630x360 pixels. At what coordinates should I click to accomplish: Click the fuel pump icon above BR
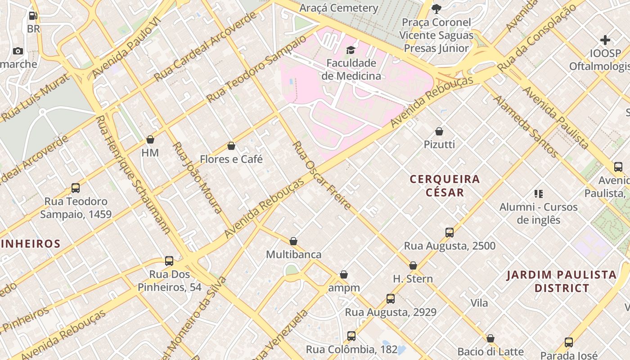click(x=33, y=16)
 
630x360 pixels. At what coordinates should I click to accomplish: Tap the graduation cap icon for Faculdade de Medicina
click(x=351, y=49)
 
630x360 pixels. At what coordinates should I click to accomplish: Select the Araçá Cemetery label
click(x=339, y=8)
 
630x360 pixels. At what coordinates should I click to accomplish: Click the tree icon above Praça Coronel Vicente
click(x=436, y=9)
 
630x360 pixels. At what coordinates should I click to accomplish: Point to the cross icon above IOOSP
click(x=605, y=40)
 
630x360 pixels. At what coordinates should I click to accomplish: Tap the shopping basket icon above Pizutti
click(x=439, y=131)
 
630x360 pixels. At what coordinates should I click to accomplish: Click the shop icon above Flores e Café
click(x=231, y=146)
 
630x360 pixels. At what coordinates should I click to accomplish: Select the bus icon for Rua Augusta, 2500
click(x=450, y=233)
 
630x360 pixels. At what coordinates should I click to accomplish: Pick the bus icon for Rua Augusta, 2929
click(x=391, y=299)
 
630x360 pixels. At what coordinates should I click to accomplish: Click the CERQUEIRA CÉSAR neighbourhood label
click(x=445, y=185)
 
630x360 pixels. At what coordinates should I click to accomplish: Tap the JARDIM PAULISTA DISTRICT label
click(x=561, y=281)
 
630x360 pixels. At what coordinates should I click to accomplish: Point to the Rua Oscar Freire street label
click(x=322, y=175)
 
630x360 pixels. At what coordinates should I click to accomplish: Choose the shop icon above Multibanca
click(x=293, y=241)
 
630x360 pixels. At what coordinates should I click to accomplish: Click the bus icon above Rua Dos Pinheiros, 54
click(x=169, y=261)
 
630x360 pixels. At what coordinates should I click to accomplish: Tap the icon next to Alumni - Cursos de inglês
click(x=539, y=194)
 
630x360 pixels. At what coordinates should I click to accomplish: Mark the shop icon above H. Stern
click(x=413, y=265)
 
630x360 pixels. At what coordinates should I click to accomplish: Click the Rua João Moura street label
click(x=198, y=178)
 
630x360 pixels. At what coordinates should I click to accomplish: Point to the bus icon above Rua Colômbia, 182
click(x=351, y=336)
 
